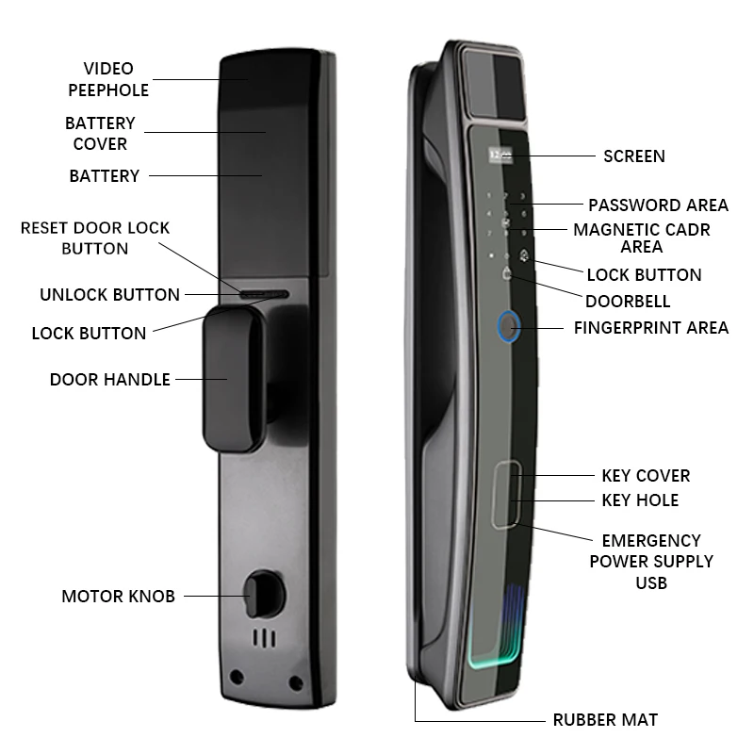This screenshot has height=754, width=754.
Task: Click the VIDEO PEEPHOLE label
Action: (108, 79)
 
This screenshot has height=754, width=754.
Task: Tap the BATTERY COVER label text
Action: (100, 134)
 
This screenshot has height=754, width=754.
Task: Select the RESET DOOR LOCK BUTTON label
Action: (95, 238)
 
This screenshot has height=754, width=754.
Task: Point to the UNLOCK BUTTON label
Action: (109, 294)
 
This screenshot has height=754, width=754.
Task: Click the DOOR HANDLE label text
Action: (109, 380)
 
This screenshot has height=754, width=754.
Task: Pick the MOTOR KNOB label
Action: (118, 596)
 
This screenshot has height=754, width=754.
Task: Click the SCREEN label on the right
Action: (633, 156)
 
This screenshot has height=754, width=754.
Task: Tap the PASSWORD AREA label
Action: (658, 205)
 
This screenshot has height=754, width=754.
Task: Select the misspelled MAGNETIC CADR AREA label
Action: (641, 238)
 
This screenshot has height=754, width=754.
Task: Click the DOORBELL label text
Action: (627, 302)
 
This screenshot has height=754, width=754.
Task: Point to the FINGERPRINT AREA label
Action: (651, 328)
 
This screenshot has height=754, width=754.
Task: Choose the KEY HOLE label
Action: (639, 500)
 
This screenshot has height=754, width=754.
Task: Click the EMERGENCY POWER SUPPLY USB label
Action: (651, 562)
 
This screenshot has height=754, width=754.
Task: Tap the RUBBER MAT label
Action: (604, 720)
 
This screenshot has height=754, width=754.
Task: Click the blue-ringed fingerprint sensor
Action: (509, 329)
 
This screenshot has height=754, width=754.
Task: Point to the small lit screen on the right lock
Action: (495, 151)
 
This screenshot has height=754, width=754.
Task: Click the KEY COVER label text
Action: (646, 475)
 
